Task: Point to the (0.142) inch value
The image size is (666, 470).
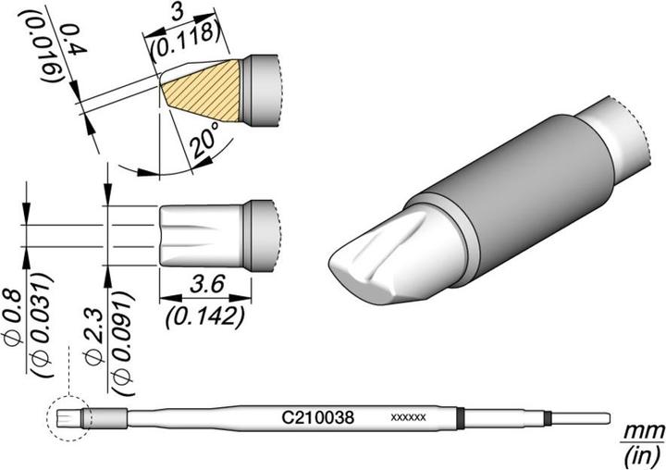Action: coord(206,316)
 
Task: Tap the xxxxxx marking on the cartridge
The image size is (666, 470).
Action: coord(409,418)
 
